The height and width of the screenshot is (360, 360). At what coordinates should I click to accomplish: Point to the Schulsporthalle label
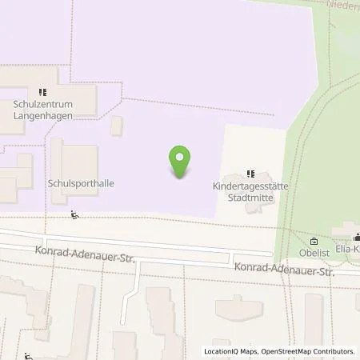click(82, 183)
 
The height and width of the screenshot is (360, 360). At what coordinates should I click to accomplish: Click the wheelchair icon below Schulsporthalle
click(74, 214)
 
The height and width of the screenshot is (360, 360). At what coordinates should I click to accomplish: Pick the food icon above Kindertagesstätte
click(250, 173)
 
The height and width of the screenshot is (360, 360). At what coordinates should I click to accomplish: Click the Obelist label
click(314, 254)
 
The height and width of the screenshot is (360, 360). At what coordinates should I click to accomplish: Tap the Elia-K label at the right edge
click(349, 250)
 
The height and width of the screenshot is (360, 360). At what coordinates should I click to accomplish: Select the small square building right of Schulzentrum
click(117, 125)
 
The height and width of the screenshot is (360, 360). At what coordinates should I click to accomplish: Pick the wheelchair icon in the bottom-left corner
click(29, 356)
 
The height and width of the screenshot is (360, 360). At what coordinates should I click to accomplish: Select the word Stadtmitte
click(250, 194)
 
